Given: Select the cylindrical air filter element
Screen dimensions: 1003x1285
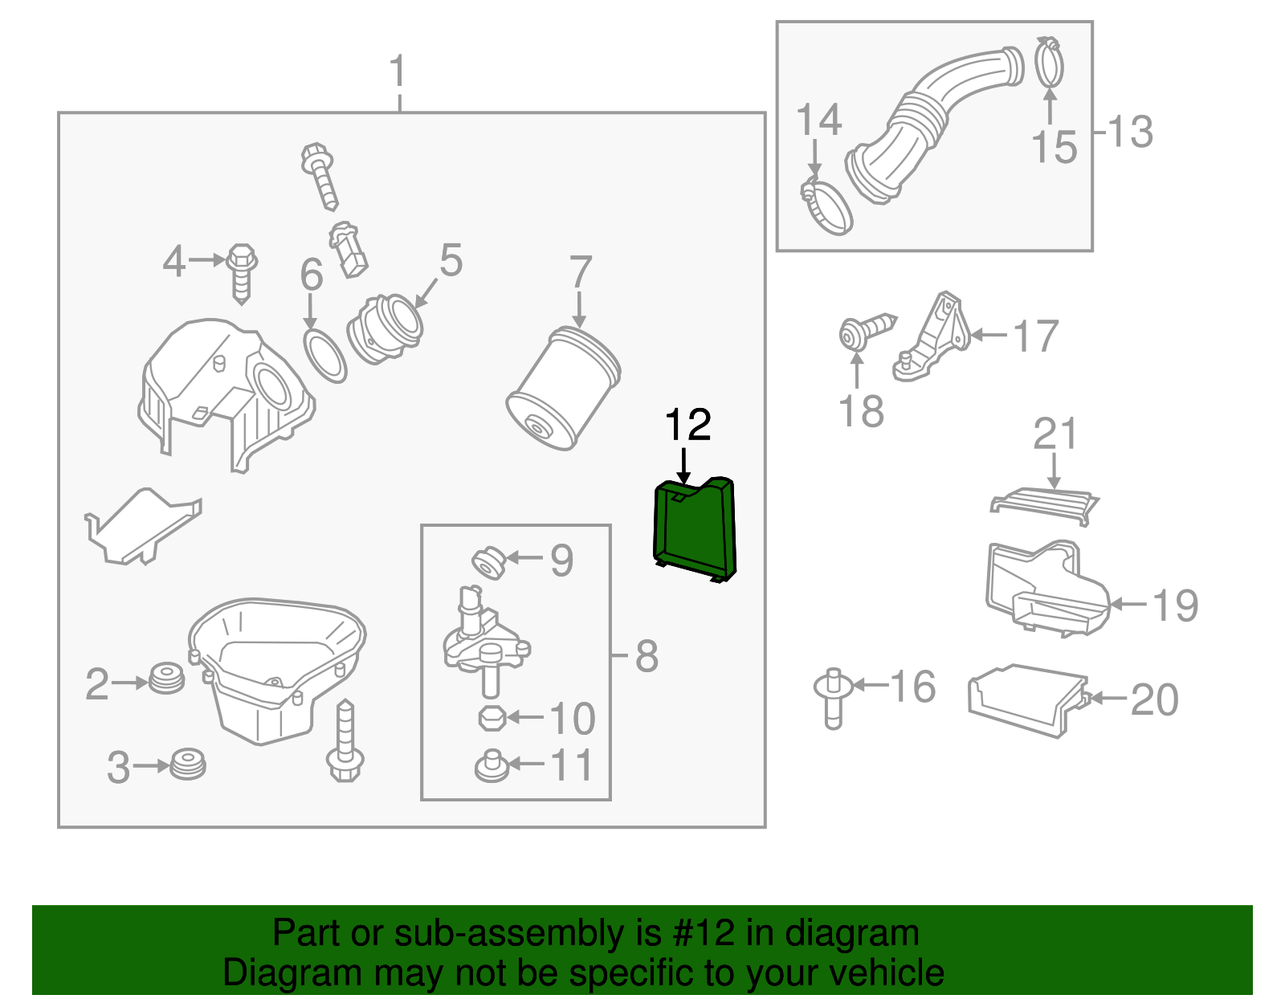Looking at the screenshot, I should point(563,389).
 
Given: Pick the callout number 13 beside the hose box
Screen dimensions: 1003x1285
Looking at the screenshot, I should point(1131,132).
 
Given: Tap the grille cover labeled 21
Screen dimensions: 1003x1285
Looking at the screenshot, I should point(1045,504).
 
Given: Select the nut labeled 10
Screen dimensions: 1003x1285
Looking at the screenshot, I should point(491,718).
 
